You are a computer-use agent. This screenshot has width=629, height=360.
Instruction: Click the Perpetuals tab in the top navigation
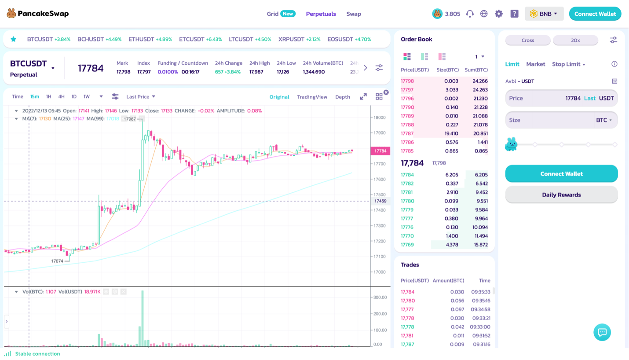point(321,14)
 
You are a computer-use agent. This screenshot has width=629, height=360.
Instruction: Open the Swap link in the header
point(354,14)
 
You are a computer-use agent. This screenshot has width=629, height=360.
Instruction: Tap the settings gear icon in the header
point(498,14)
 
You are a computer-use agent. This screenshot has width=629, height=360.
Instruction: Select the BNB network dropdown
point(544,14)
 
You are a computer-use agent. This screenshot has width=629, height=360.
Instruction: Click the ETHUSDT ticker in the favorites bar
point(150,39)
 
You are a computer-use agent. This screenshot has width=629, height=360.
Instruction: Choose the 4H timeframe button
point(62,96)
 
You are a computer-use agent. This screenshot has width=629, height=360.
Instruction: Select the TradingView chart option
point(312,97)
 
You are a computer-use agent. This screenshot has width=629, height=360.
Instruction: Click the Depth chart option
point(343,97)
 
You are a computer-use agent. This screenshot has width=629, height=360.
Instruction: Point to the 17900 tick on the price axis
point(380,133)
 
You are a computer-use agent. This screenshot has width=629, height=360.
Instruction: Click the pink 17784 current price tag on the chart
point(380,151)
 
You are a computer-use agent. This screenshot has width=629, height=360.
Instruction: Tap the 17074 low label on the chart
point(57,261)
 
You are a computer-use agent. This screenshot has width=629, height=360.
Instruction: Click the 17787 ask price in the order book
point(407,133)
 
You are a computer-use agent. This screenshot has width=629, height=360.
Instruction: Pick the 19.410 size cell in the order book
point(451,133)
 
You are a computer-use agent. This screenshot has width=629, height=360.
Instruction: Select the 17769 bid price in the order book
point(407,245)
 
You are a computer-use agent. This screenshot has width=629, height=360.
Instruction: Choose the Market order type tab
point(535,64)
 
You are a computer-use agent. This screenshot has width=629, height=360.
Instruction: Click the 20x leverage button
point(575,40)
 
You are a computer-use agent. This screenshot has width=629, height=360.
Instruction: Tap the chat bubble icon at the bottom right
point(602,332)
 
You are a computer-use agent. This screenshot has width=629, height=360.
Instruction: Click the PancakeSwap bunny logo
point(11,14)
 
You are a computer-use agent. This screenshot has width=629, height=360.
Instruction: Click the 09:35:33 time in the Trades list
point(481,292)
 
